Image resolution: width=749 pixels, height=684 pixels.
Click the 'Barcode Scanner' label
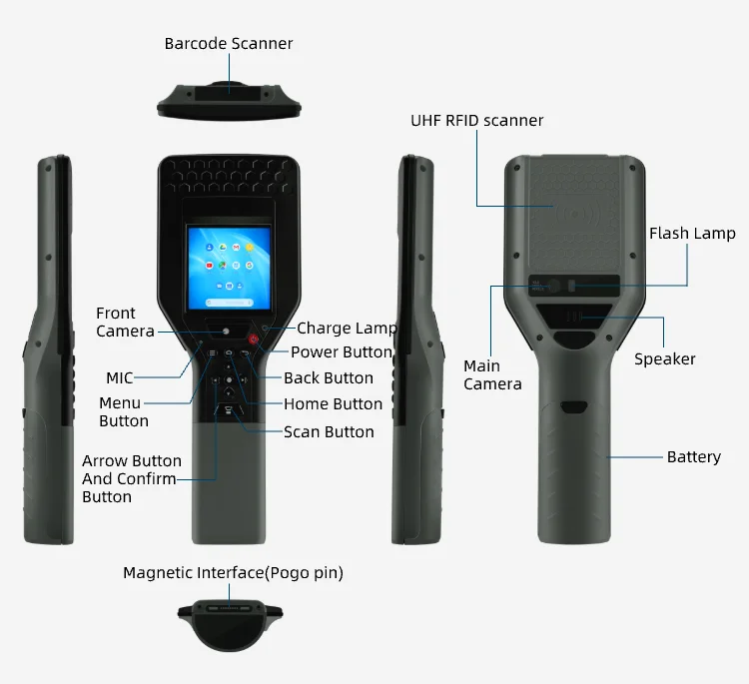(x=229, y=43)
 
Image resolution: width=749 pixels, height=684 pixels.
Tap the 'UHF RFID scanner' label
(x=476, y=120)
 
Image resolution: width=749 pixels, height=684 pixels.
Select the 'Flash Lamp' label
(x=692, y=234)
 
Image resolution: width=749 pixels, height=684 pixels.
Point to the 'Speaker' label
(x=664, y=358)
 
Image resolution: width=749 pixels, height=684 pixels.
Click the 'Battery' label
(x=693, y=456)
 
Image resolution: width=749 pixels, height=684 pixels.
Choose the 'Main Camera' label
(x=492, y=375)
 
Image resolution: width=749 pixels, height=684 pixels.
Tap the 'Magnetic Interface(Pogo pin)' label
(x=233, y=572)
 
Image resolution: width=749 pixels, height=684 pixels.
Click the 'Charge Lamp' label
(x=347, y=328)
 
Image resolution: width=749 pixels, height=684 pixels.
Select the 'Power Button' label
(x=342, y=351)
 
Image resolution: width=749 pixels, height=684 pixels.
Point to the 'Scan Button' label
(x=329, y=431)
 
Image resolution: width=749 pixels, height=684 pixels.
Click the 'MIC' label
(x=120, y=377)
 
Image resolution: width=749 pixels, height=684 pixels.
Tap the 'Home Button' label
(x=333, y=403)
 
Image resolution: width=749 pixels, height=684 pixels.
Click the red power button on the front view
(x=255, y=340)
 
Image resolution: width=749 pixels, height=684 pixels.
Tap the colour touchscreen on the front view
(x=229, y=265)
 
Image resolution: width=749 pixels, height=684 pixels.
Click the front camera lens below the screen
(x=228, y=331)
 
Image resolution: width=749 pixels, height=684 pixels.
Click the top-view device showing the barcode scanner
(x=229, y=95)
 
